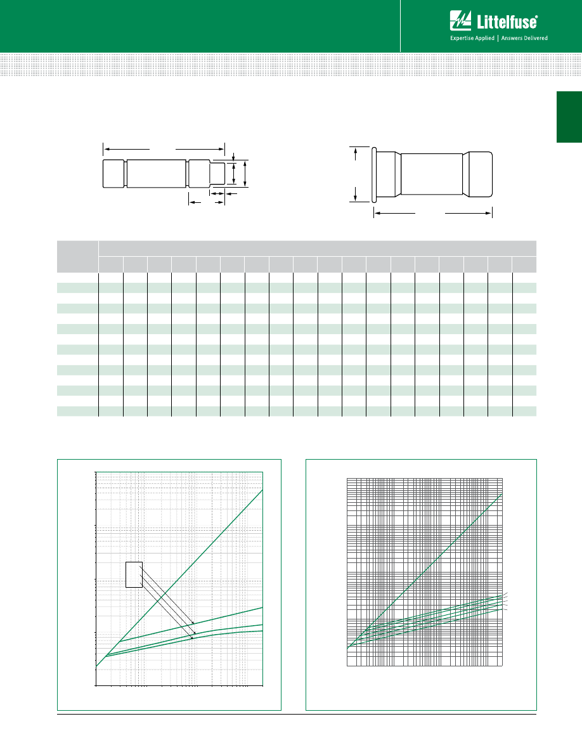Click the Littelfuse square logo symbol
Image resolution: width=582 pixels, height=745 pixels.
coord(460,21)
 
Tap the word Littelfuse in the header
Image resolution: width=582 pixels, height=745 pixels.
coord(507,22)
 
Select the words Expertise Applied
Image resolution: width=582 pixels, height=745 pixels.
coord(472,38)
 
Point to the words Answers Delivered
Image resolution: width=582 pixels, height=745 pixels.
coord(524,38)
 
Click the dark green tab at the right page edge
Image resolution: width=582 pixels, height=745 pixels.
coord(569,117)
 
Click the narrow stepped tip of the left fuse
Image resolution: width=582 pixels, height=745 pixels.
coord(217,174)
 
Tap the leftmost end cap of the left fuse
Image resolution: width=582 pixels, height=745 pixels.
coord(113,174)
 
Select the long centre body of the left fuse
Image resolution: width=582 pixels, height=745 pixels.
coord(157,174)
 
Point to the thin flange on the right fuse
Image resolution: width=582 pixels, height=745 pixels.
coord(375,174)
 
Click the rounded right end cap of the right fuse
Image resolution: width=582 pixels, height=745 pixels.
coord(479,174)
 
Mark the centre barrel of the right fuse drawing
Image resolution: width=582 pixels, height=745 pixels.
coord(432,174)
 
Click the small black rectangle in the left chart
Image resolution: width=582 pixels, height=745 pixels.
coord(134,574)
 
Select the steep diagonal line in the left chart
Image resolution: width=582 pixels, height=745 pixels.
coord(179,578)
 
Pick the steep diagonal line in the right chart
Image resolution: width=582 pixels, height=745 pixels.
coord(425,571)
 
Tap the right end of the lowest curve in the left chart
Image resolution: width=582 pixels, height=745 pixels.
coord(262,631)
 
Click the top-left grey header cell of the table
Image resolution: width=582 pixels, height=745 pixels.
coord(77,257)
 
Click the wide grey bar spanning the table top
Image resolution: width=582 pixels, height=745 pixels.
coord(318,249)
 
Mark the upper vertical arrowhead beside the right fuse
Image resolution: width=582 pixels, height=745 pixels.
coord(356,151)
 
